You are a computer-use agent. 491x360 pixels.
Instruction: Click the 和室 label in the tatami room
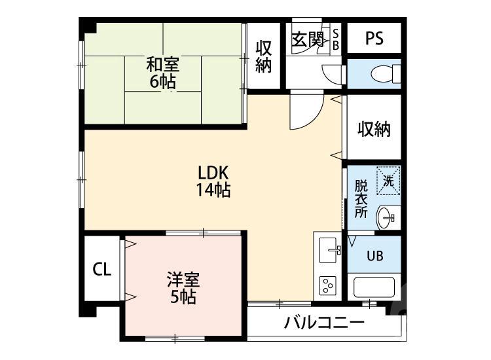pyautogui.click(x=163, y=64)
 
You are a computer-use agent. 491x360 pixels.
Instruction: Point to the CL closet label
pyautogui.click(x=101, y=268)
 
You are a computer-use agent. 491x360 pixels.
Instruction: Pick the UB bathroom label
pyautogui.click(x=374, y=256)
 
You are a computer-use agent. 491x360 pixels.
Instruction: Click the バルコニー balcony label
pyautogui.click(x=324, y=323)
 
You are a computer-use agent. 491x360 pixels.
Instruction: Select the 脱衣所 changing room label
pyautogui.click(x=361, y=198)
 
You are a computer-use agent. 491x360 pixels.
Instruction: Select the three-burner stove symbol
pyautogui.click(x=328, y=285)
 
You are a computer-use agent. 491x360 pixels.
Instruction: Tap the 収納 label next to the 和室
pyautogui.click(x=263, y=57)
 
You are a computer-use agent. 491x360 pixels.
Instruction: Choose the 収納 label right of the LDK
pyautogui.click(x=374, y=129)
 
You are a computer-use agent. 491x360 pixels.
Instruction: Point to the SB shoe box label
pyautogui.click(x=336, y=39)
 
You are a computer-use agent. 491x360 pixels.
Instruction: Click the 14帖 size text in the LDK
pyautogui.click(x=212, y=190)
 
